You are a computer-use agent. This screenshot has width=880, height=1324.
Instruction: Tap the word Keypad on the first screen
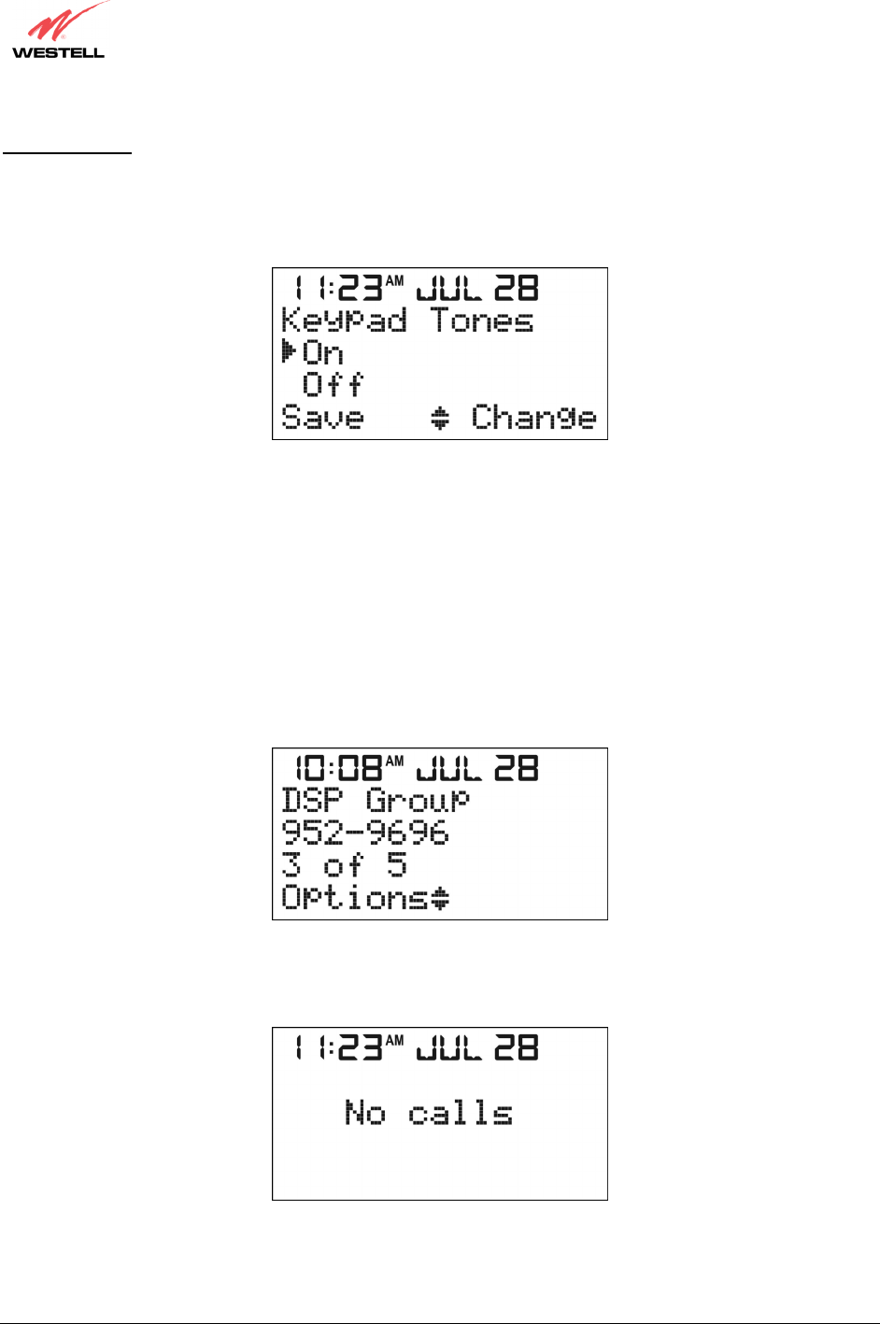(x=344, y=321)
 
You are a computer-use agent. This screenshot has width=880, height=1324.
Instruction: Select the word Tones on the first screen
(x=482, y=321)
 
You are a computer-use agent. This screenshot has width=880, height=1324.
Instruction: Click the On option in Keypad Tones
(x=323, y=353)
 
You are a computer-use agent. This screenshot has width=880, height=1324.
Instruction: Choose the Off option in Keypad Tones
(x=333, y=385)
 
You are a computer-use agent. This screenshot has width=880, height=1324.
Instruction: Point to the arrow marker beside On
(x=289, y=352)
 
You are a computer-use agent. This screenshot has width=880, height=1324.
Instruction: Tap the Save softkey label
(x=322, y=417)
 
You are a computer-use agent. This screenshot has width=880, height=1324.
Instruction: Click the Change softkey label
(x=533, y=417)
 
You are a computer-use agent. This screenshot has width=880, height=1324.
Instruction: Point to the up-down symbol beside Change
(x=440, y=418)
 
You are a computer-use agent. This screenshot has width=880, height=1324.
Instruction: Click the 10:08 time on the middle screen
(x=338, y=768)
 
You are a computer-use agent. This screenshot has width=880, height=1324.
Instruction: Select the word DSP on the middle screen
(x=312, y=801)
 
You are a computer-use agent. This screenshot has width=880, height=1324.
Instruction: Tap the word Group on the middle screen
(x=418, y=801)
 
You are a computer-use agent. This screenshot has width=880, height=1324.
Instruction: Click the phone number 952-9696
(x=365, y=833)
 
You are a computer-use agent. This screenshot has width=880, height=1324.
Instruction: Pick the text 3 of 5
(x=345, y=864)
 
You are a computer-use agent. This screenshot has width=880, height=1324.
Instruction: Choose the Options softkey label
(x=356, y=897)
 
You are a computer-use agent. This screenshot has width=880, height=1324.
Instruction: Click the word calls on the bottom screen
(x=461, y=1113)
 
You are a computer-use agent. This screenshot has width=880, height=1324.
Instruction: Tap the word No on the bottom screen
(x=364, y=1113)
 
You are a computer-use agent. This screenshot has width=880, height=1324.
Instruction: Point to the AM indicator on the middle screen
(x=395, y=761)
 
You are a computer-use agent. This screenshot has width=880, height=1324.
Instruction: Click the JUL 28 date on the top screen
(x=477, y=288)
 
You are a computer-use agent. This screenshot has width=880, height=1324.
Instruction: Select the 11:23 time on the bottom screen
(x=337, y=1047)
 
